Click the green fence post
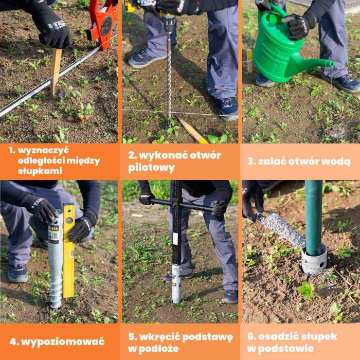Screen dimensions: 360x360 [x=313, y=216]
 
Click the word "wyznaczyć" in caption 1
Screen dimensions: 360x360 [x=44, y=150]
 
